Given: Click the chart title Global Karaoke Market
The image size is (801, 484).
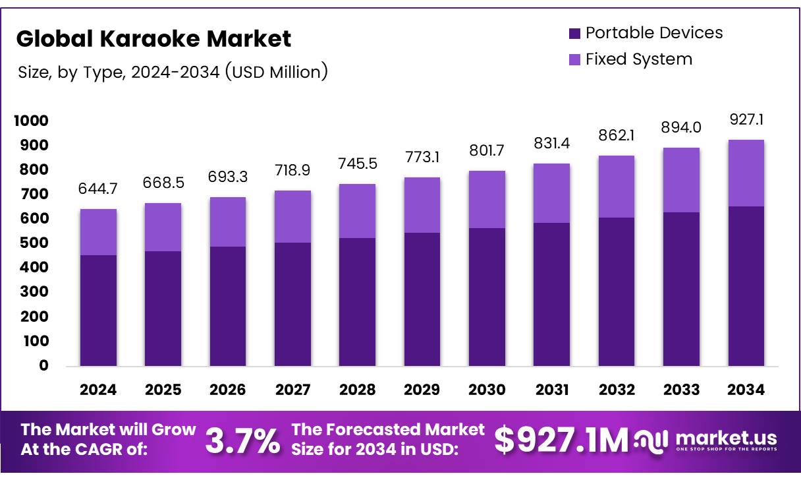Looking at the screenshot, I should [153, 39].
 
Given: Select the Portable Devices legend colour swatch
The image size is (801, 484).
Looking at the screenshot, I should [574, 33].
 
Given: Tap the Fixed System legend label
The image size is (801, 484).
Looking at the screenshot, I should [638, 59].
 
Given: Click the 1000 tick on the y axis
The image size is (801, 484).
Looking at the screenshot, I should [30, 121].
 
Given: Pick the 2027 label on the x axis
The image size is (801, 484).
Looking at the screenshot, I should [292, 390].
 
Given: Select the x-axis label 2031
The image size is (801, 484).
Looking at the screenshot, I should [552, 390].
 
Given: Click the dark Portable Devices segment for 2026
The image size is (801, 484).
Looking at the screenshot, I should [228, 306].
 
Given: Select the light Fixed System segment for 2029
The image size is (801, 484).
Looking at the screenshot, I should [422, 205].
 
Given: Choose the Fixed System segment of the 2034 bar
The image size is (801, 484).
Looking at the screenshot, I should [746, 173].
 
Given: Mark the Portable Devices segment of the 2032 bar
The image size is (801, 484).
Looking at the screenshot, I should [617, 291].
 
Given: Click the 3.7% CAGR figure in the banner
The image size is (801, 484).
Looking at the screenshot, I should [242, 441].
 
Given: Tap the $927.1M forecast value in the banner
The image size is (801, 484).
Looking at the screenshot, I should [561, 441].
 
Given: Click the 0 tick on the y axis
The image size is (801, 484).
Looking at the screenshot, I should [43, 366].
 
